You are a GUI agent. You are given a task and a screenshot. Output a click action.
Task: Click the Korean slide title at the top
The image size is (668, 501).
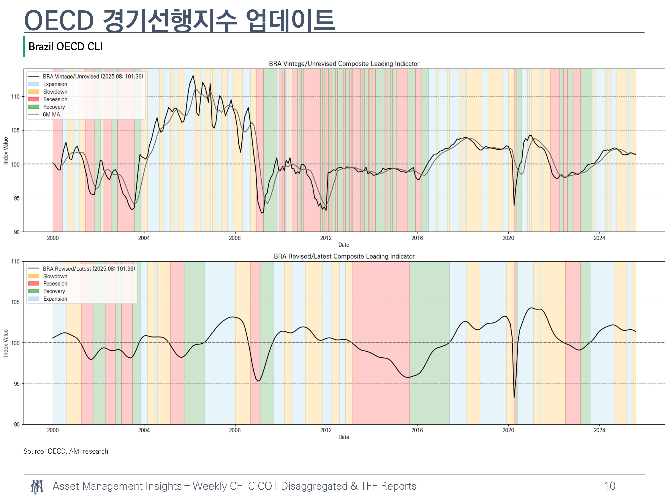point(180,20)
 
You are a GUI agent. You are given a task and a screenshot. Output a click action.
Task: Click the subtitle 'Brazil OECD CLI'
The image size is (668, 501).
point(65,47)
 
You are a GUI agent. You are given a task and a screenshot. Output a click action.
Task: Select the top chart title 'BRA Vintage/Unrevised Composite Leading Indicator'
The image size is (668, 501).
point(344,64)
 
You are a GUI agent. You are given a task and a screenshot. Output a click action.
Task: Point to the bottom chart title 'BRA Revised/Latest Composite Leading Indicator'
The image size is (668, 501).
point(344,256)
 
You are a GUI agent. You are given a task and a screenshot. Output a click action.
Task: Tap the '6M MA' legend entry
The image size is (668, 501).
point(51,114)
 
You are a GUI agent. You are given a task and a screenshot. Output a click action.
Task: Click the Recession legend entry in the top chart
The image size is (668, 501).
point(55,99)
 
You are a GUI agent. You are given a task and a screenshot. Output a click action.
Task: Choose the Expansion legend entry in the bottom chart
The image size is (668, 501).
point(55,299)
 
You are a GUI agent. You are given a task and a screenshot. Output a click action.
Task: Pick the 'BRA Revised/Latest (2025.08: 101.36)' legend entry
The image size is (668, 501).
point(89,269)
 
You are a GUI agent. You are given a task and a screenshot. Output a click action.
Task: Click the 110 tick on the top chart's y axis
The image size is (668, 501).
point(15,97)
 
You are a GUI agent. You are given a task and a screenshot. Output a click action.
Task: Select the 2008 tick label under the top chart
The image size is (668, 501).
point(235,238)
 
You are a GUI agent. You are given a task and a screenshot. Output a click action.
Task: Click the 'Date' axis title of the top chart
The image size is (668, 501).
point(344,245)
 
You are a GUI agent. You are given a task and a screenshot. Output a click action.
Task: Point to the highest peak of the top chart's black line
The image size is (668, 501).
point(193,75)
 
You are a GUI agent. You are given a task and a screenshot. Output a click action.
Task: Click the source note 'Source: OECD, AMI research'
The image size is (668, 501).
point(66,451)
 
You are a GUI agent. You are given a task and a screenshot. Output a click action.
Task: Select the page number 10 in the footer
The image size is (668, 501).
point(610,486)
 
